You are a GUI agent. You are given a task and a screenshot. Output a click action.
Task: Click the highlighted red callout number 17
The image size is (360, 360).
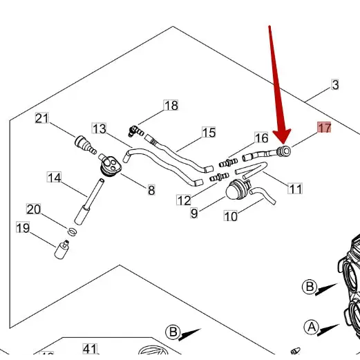[324, 128]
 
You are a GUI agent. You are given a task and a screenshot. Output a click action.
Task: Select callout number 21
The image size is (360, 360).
[43, 119]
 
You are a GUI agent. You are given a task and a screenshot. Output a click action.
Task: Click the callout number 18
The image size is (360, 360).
[171, 106]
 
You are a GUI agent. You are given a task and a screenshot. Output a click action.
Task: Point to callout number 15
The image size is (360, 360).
[209, 132]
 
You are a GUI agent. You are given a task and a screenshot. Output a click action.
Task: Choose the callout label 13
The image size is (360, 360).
[100, 129]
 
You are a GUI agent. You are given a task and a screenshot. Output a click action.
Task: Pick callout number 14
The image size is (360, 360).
[55, 178]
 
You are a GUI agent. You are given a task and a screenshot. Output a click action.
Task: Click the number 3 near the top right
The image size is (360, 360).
[335, 85]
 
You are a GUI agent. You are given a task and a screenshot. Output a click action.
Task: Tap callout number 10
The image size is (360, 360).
[231, 216]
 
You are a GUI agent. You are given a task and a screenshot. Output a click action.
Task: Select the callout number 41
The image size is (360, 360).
[90, 348]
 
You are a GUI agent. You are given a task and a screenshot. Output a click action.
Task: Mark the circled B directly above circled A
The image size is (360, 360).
[310, 287]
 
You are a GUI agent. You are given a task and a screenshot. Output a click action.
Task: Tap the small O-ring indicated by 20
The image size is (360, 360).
[72, 229]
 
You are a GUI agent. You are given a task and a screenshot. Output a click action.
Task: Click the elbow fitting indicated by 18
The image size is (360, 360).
[135, 129]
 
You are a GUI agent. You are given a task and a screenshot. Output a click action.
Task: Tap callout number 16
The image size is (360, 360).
[261, 138]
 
